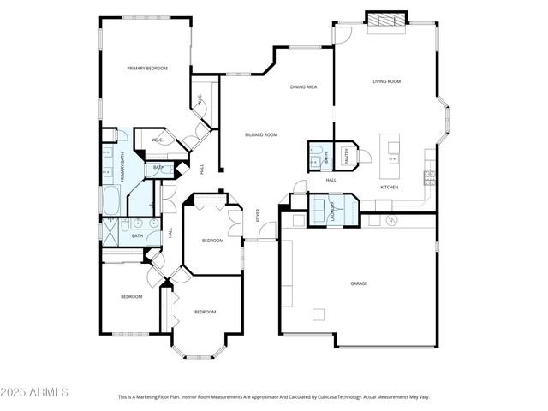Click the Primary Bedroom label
[x=147, y=68]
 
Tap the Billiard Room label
[x=261, y=134]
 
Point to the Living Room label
[x=387, y=81]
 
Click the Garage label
[x=358, y=283]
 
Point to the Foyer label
[x=257, y=216]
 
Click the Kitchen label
[x=390, y=187]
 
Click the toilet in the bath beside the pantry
[x=316, y=157]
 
